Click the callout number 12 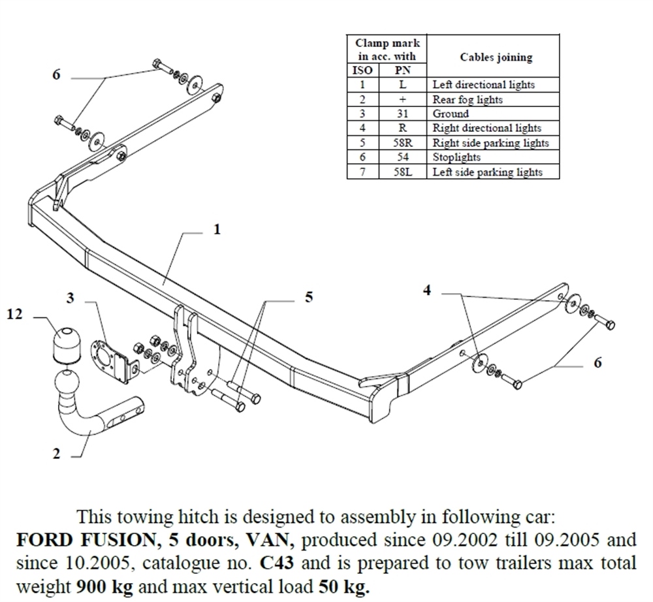click(14, 315)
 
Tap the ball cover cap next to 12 click(65, 340)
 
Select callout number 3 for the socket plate click(70, 298)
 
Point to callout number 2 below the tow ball click(56, 454)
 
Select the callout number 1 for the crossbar click(217, 229)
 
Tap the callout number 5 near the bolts click(309, 297)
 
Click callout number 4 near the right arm click(426, 291)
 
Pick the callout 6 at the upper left click(56, 75)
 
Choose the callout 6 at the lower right click(597, 363)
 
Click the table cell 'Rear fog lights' click(467, 99)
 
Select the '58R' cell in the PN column click(402, 143)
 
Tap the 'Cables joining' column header click(496, 57)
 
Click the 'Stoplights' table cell click(456, 157)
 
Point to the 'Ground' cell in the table click(451, 114)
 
